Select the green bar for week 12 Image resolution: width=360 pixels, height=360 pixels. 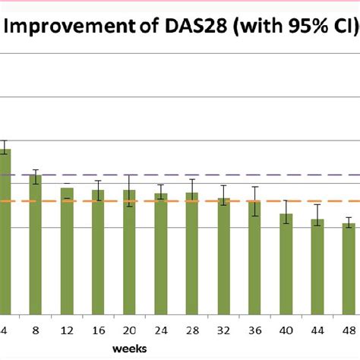click(x=67, y=251)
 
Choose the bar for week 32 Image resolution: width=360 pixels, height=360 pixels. click(x=223, y=256)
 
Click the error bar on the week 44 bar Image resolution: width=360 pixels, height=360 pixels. click(x=317, y=216)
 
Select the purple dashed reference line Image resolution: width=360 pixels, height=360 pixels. click(x=190, y=175)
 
